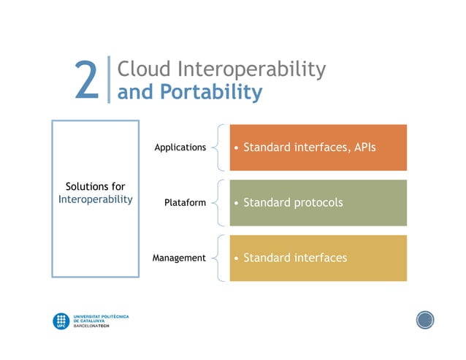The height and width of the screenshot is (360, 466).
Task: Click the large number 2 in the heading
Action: pyautogui.click(x=86, y=80)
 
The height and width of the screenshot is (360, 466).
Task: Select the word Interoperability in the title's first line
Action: pyautogui.click(x=251, y=70)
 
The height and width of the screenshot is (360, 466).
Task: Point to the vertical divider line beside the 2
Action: pyautogui.click(x=108, y=80)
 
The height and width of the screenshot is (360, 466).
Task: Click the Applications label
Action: pyautogui.click(x=180, y=148)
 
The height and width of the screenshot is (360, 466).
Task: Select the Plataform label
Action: pyautogui.click(x=186, y=202)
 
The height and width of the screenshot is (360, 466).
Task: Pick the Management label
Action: pyautogui.click(x=179, y=258)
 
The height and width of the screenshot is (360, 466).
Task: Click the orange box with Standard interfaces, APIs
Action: pyautogui.click(x=318, y=148)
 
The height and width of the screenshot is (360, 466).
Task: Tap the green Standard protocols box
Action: pyautogui.click(x=318, y=202)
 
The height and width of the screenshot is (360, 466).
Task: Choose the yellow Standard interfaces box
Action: pyautogui.click(x=318, y=258)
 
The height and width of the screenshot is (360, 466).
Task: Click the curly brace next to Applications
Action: pyautogui.click(x=218, y=148)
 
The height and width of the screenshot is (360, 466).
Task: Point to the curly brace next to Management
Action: pyautogui.click(x=218, y=258)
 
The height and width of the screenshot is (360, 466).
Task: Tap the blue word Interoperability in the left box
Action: pyautogui.click(x=95, y=199)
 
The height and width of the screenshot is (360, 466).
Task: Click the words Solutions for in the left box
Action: pyautogui.click(x=95, y=187)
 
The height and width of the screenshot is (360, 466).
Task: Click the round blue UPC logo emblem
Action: pyautogui.click(x=61, y=321)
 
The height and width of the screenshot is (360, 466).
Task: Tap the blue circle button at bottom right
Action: pyautogui.click(x=425, y=319)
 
